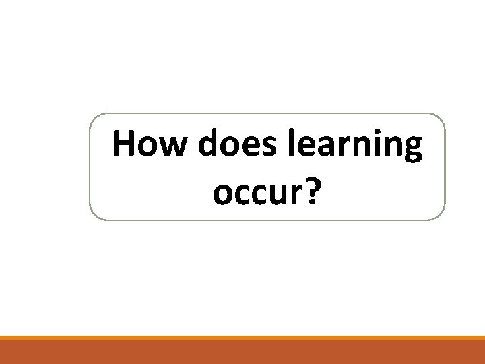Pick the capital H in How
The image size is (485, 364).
click(124, 145)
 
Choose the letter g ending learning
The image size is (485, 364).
click(412, 151)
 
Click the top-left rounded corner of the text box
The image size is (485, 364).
click(94, 118)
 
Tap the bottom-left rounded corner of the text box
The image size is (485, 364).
click(94, 216)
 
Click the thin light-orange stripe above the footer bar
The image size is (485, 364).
click(243, 338)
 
